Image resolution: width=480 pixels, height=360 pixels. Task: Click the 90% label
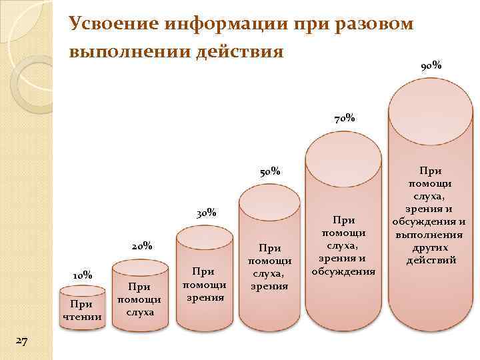(x=430, y=66)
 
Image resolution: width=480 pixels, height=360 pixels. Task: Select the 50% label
(x=269, y=171)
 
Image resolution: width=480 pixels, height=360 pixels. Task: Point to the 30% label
(x=207, y=213)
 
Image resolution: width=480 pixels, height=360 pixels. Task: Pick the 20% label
(x=142, y=245)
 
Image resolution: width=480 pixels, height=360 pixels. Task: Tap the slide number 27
(x=21, y=341)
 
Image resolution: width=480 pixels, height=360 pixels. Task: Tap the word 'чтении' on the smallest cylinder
(x=82, y=316)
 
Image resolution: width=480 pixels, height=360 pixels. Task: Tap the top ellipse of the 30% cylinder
(x=204, y=238)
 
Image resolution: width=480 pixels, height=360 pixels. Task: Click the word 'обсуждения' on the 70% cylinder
(x=343, y=271)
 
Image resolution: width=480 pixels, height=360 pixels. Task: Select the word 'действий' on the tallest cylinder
(x=429, y=259)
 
